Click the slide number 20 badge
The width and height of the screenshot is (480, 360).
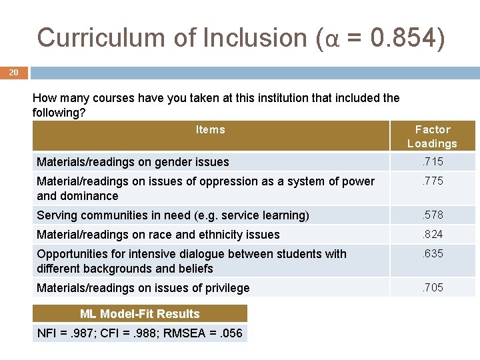(x=14, y=73)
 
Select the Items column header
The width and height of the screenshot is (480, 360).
(x=211, y=129)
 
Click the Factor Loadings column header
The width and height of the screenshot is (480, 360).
(x=432, y=136)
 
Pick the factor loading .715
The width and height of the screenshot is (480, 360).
(x=432, y=161)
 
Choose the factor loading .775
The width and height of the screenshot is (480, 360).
(x=432, y=181)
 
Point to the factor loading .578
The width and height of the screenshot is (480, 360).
(x=432, y=215)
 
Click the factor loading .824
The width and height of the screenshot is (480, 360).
(x=432, y=234)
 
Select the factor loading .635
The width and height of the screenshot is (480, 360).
(x=432, y=253)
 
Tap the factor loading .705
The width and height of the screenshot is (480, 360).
(x=432, y=287)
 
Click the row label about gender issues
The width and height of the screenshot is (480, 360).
(x=133, y=162)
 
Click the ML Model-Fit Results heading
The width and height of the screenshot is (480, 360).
(x=140, y=314)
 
